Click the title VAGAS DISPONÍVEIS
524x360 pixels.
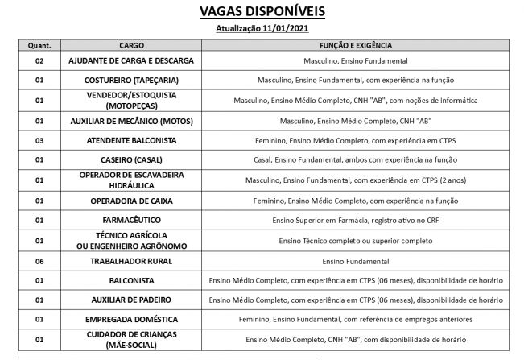pyautogui.click(x=262, y=12)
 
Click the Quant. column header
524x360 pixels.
pyautogui.click(x=39, y=46)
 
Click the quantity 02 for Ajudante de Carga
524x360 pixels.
pyautogui.click(x=39, y=61)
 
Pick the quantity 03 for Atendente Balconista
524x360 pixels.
pyautogui.click(x=39, y=140)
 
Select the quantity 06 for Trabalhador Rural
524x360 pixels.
pyautogui.click(x=39, y=261)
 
